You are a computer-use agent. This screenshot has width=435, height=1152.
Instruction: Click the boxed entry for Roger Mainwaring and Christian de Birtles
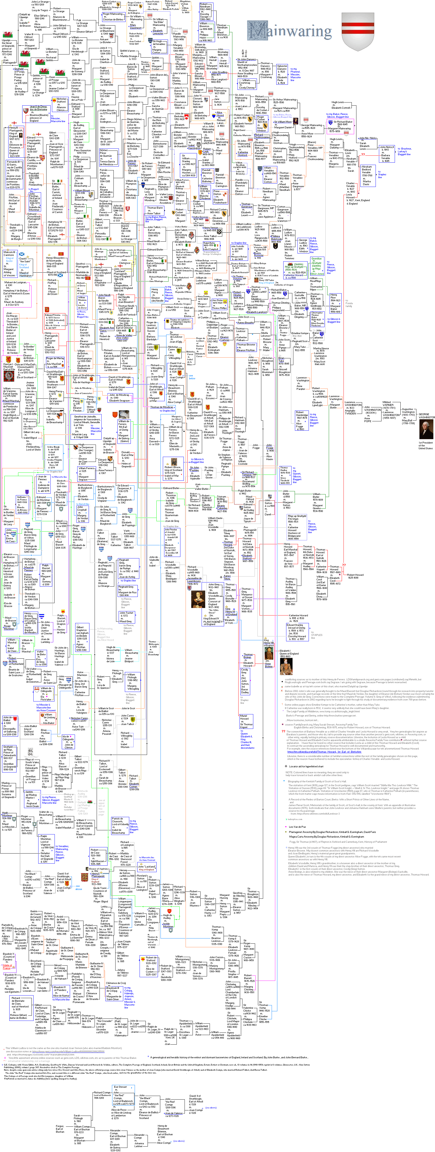click(112, 17)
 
